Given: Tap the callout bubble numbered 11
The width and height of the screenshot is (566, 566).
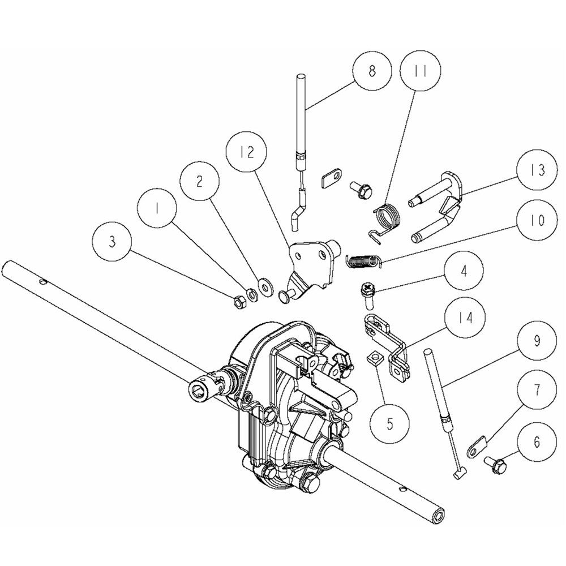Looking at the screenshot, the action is (421, 71).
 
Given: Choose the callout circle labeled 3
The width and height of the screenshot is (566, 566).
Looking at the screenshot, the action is (112, 242).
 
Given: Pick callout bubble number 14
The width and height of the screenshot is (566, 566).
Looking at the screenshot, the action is (465, 318).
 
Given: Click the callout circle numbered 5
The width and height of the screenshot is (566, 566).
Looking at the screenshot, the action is (389, 424).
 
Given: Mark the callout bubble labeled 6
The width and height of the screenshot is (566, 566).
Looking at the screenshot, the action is (537, 442).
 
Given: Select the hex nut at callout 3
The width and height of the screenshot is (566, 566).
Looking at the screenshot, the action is (239, 303).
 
